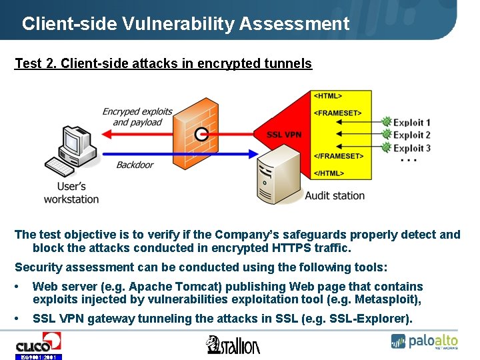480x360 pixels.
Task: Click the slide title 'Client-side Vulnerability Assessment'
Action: pyautogui.click(x=185, y=24)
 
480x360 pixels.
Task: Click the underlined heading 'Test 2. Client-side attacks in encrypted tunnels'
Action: pyautogui.click(x=163, y=64)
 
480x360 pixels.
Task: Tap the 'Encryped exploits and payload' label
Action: pyautogui.click(x=137, y=117)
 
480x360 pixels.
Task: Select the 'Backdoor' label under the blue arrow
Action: pyautogui.click(x=135, y=165)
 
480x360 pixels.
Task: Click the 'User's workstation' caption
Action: pyautogui.click(x=71, y=193)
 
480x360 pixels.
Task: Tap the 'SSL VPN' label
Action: pyautogui.click(x=284, y=135)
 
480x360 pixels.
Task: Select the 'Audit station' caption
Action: pyautogui.click(x=335, y=195)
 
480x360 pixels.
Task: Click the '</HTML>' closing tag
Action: pyautogui.click(x=329, y=173)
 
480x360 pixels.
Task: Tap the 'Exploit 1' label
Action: pyautogui.click(x=411, y=123)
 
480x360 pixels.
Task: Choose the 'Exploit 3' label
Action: pyautogui.click(x=411, y=148)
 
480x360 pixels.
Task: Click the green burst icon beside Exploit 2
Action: pyautogui.click(x=385, y=135)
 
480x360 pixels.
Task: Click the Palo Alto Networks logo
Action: pyautogui.click(x=425, y=341)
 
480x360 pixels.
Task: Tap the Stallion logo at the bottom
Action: pyautogui.click(x=233, y=345)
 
